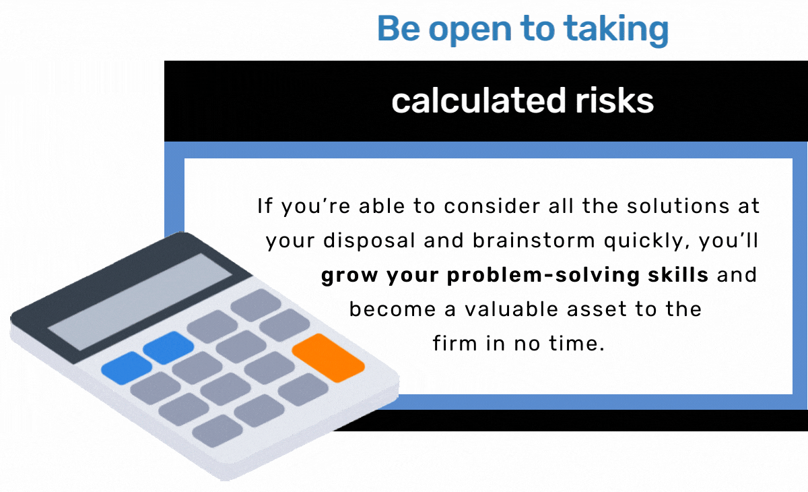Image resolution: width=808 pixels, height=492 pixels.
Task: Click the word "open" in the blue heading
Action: point(470,32)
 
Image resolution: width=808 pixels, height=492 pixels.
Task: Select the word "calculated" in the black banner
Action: point(479,100)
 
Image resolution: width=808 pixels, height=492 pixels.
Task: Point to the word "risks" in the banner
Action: point(615,100)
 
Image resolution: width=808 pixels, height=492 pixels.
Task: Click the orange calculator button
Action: point(329,358)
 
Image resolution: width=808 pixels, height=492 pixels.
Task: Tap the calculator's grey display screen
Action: point(140,301)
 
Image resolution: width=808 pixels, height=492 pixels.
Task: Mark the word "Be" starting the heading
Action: point(399,29)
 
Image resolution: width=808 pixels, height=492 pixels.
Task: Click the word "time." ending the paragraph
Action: point(576,344)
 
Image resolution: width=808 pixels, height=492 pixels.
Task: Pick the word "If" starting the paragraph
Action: point(265,206)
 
